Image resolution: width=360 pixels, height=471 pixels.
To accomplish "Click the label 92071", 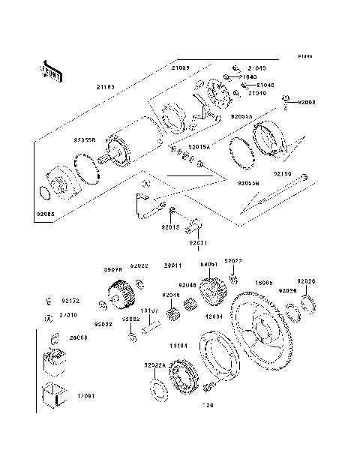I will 196,244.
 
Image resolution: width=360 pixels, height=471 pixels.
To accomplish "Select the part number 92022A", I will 154,365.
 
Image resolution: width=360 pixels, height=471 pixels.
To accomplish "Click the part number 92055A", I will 241,116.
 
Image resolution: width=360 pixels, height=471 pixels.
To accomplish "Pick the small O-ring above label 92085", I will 45,193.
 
